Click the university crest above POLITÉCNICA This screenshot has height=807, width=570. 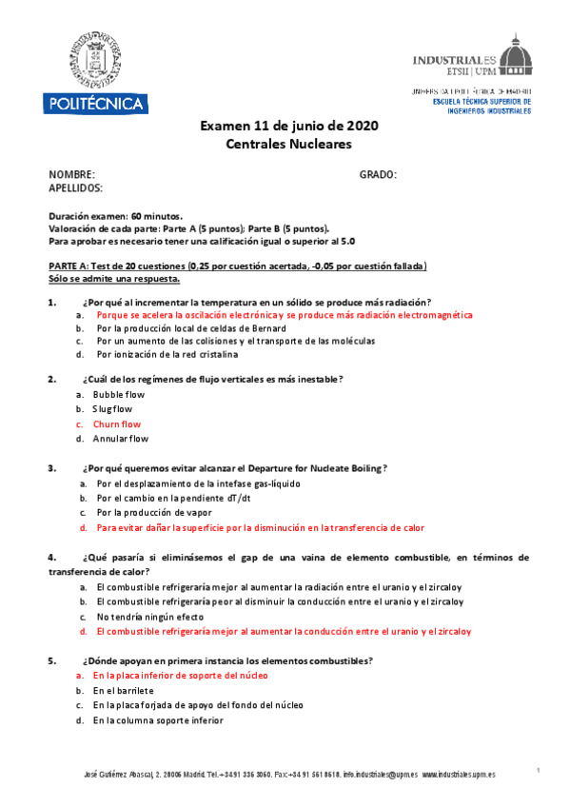coord(91,58)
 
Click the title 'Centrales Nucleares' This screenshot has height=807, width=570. coord(288,144)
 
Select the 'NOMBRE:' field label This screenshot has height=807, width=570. coord(72,175)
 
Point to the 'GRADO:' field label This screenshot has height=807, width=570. coord(378,175)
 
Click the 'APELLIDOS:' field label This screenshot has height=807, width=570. coord(76,188)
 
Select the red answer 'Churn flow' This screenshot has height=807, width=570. coord(117,424)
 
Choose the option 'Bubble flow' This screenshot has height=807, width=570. coord(119,394)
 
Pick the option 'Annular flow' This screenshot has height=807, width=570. coord(121,440)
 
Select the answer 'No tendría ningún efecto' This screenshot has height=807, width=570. coord(149,617)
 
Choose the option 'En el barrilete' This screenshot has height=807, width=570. coord(124,690)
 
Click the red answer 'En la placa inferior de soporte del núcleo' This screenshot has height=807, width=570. coord(181,675)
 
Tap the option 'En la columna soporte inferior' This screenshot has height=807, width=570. coord(158,720)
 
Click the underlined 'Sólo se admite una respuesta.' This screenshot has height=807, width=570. coord(114,279)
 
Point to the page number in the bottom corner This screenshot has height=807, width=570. coord(538,769)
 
